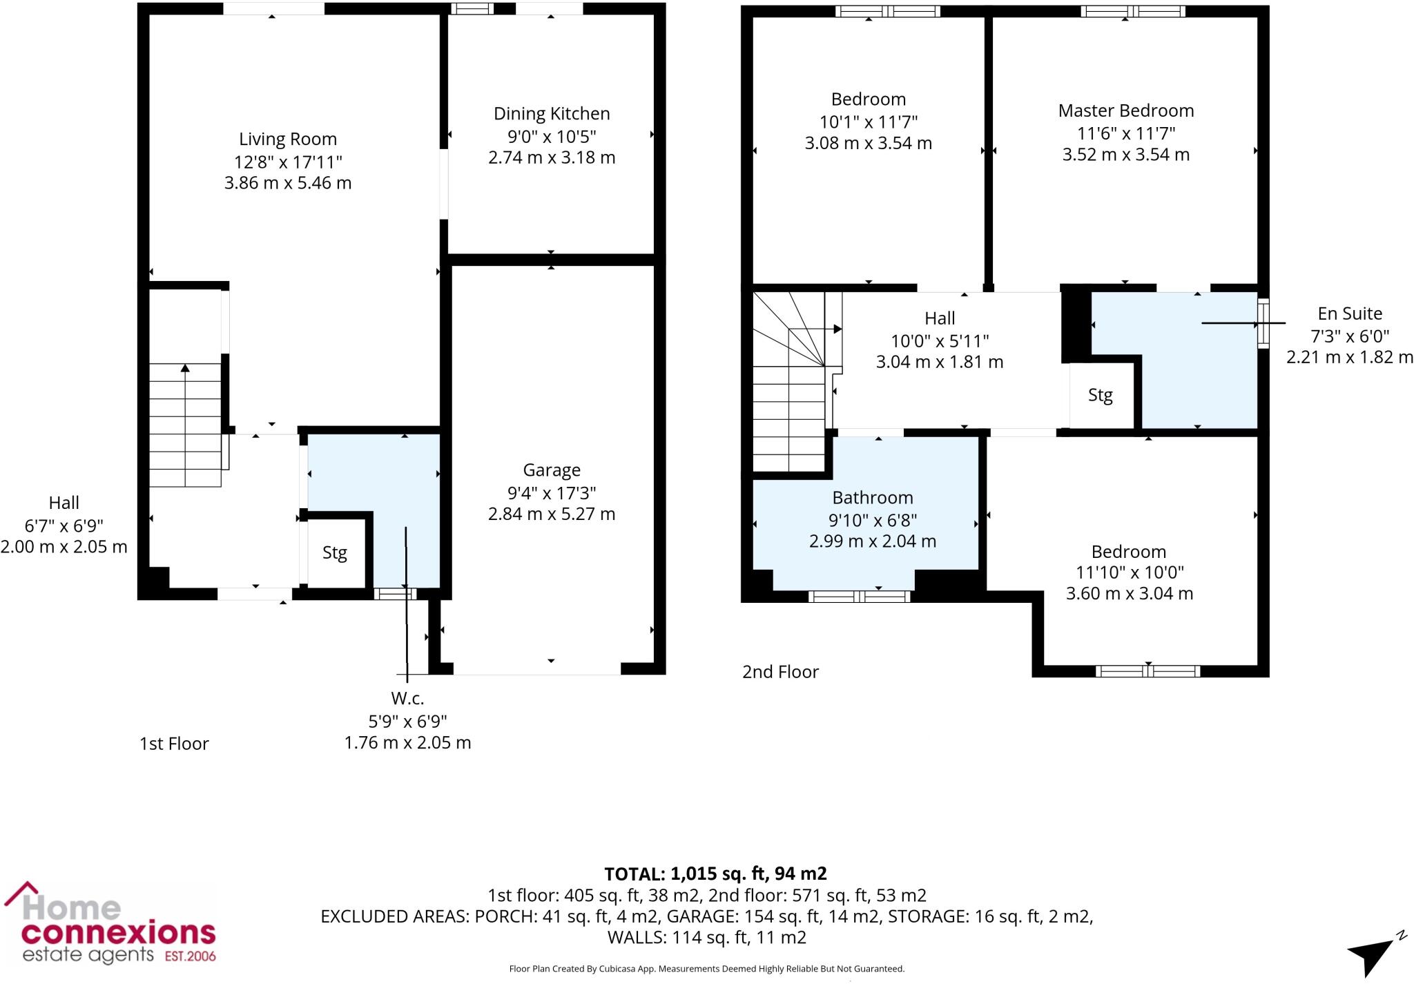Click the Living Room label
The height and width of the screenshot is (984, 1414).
pos(288,139)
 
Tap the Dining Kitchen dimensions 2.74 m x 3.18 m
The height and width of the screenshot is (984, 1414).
pos(551,157)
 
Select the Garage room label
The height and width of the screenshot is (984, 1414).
pos(551,470)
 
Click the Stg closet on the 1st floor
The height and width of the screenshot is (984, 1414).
pos(335,552)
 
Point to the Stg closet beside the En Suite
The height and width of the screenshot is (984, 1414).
pos(1100,395)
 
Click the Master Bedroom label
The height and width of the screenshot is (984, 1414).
pos(1125,110)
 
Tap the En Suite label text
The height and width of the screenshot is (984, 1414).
pos(1349,313)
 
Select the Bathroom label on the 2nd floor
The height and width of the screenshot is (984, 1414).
pos(872,497)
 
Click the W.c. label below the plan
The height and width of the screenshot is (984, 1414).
pos(407,698)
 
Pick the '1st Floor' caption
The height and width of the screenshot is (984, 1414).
pos(174,744)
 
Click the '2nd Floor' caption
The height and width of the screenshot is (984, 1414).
pos(780,672)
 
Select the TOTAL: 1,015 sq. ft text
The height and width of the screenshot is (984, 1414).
pos(715,874)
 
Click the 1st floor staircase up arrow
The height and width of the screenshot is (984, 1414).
pos(185,369)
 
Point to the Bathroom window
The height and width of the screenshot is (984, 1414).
pos(859,596)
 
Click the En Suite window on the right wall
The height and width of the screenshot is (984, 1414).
pos(1263,323)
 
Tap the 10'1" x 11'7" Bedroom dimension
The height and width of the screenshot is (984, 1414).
pos(868,122)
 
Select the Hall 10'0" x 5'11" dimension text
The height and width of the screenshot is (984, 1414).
pos(939,340)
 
